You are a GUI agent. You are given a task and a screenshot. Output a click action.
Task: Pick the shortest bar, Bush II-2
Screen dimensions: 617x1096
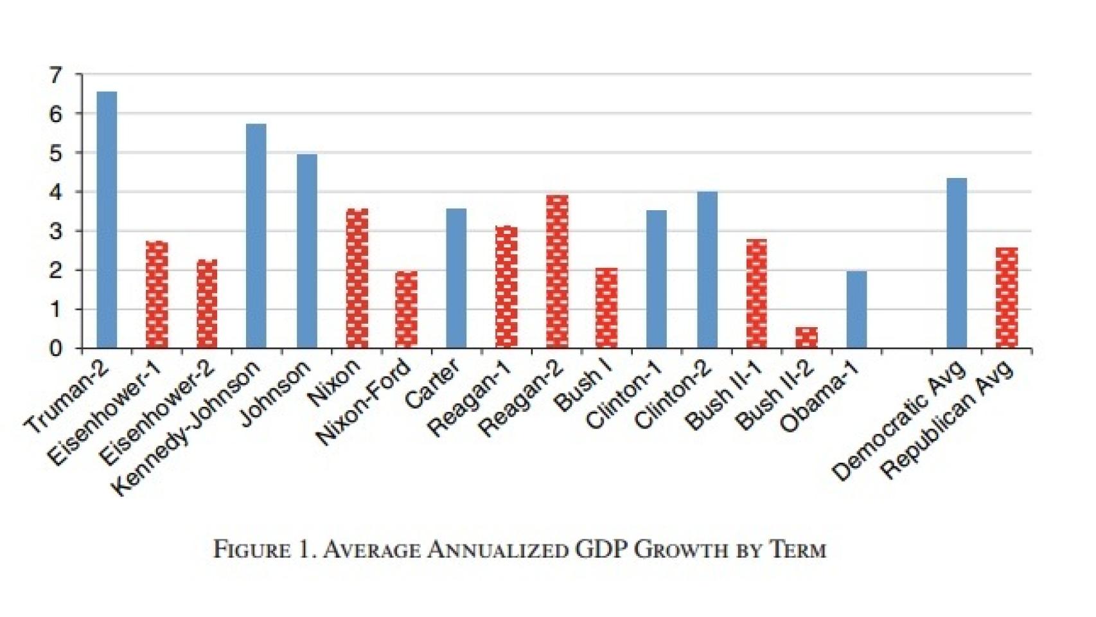click(x=807, y=337)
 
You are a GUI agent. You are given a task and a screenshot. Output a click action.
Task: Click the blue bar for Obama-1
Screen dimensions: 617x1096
click(x=856, y=309)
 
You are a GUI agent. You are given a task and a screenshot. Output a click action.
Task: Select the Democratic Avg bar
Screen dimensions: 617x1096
click(x=957, y=263)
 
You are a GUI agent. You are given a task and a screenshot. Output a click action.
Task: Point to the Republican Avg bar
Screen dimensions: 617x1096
click(x=1007, y=298)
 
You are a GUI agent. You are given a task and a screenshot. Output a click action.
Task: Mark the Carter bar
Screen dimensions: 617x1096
click(x=456, y=278)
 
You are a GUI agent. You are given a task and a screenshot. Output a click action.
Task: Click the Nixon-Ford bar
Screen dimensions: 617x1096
click(x=406, y=309)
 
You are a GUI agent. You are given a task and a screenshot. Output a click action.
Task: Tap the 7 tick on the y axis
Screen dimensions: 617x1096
click(x=57, y=75)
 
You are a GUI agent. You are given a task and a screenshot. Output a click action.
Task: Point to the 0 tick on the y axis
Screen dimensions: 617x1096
click(x=57, y=349)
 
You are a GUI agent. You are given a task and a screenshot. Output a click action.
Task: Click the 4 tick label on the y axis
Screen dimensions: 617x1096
click(x=57, y=192)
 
